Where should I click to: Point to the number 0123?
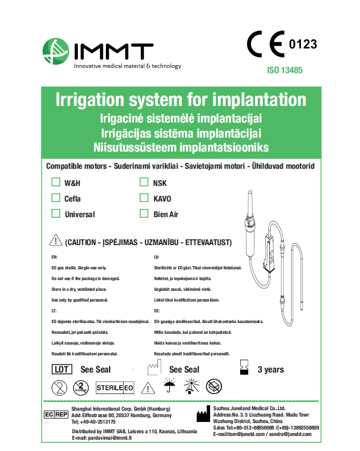[303, 45]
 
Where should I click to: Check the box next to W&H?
[55, 182]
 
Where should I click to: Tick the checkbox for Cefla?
[55, 198]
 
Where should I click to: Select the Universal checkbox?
[55, 213]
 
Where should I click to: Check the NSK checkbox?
[143, 182]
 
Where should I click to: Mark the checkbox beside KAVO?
[143, 198]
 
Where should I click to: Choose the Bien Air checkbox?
[143, 213]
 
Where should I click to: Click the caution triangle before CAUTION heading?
[55, 241]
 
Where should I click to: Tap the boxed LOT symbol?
[62, 369]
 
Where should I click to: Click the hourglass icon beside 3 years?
[244, 368]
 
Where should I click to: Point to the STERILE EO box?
[115, 387]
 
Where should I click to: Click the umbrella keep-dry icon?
[170, 386]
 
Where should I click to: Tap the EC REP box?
[55, 414]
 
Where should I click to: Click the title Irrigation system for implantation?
[181, 100]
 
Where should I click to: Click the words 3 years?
[271, 369]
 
